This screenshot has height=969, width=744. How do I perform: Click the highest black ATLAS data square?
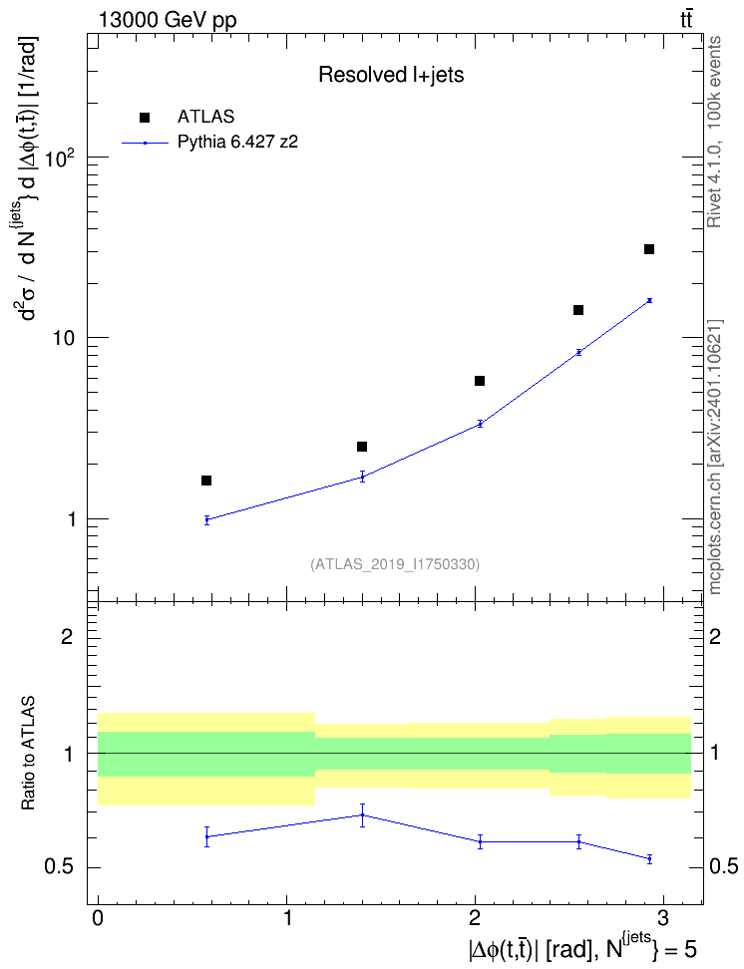[x=649, y=249]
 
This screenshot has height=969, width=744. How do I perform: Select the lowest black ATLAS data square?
[x=206, y=481]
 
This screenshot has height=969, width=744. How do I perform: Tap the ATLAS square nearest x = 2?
[x=480, y=381]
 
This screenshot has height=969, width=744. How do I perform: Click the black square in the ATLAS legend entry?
[x=145, y=118]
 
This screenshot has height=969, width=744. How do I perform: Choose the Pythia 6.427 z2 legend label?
[x=237, y=143]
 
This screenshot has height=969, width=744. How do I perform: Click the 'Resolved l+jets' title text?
[x=391, y=75]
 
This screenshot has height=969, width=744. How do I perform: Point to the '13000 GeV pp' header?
[x=168, y=20]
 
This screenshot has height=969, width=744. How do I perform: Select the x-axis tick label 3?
[x=663, y=918]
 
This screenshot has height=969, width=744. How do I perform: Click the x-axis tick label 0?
[x=98, y=918]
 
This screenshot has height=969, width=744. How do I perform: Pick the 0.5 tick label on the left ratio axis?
[x=59, y=867]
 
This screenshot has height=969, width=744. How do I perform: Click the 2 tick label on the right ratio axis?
[x=715, y=636]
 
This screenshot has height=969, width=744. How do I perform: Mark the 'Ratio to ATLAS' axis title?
[x=28, y=754]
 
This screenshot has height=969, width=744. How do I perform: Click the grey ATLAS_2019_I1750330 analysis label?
[x=395, y=564]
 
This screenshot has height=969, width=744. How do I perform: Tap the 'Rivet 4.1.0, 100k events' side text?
[x=714, y=132]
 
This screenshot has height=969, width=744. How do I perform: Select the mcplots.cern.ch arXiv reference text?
[x=715, y=457]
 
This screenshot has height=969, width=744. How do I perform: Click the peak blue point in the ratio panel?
[x=362, y=815]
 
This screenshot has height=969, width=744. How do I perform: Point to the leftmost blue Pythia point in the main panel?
[x=207, y=519]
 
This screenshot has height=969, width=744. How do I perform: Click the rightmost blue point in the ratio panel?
[x=649, y=859]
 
